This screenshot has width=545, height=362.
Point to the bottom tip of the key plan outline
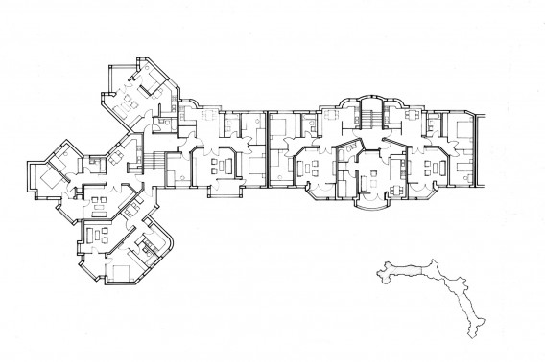473,335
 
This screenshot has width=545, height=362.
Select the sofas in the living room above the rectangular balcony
223,165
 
